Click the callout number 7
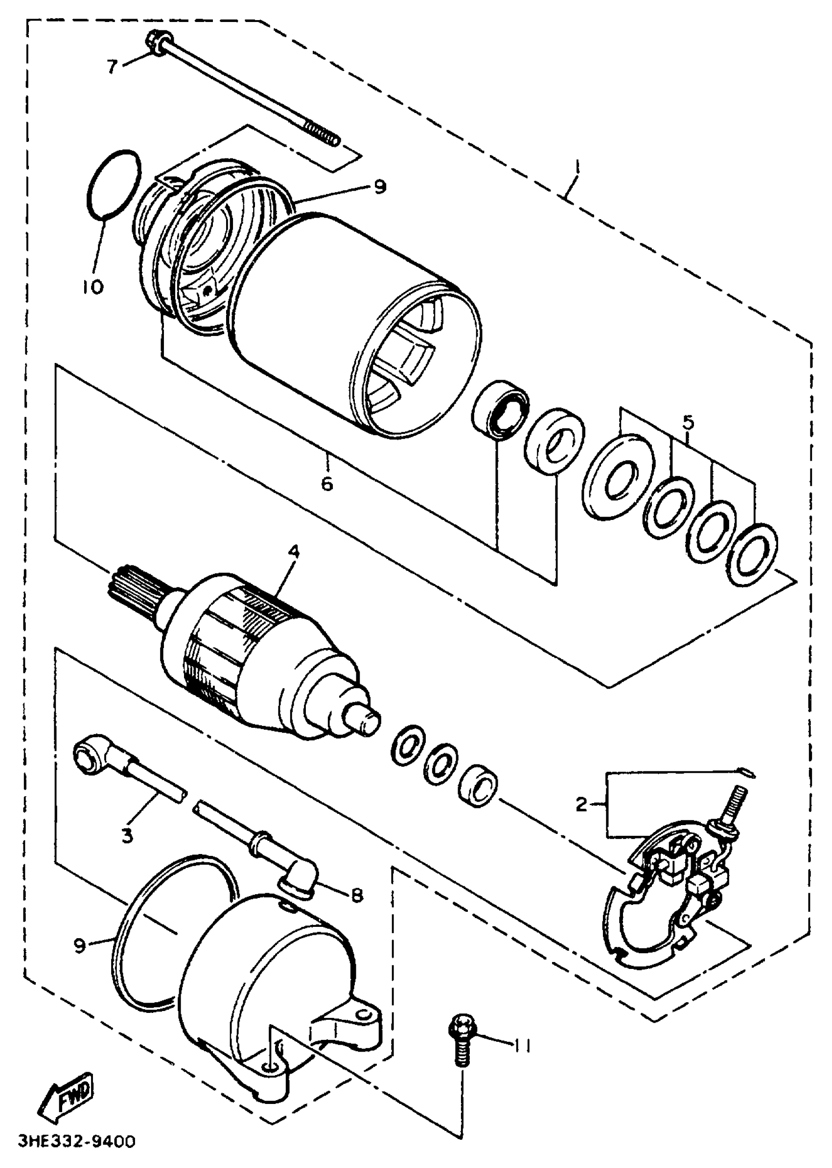click(112, 66)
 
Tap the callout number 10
click(92, 286)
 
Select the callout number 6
click(327, 483)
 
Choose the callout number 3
click(127, 836)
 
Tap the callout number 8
click(357, 895)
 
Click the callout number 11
click(522, 1047)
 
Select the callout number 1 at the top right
click(578, 167)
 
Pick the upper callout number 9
click(379, 187)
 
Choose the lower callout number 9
click(79, 945)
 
